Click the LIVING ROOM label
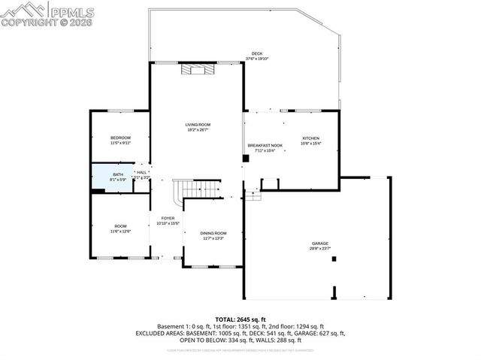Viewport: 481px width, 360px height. tap(198, 124)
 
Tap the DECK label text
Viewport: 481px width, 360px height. tap(257, 53)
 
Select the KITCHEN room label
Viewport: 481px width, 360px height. tap(311, 138)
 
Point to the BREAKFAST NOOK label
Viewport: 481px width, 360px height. tap(265, 145)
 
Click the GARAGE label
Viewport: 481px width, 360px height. tap(321, 244)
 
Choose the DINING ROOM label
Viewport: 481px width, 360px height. tap(213, 233)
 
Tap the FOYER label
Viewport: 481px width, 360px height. tap(168, 218)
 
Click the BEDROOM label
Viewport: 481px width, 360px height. tap(120, 138)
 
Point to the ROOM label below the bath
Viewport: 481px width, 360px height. tap(120, 226)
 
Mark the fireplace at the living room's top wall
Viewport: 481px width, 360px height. tap(197, 70)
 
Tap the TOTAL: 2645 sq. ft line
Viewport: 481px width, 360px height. tap(240, 319)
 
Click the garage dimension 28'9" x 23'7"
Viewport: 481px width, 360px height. tap(321, 249)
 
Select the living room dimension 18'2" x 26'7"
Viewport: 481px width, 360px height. tap(198, 130)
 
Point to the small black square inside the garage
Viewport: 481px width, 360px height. tap(334, 259)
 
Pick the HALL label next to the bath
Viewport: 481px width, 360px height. tap(141, 172)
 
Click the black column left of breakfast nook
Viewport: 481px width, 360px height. tap(246, 159)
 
